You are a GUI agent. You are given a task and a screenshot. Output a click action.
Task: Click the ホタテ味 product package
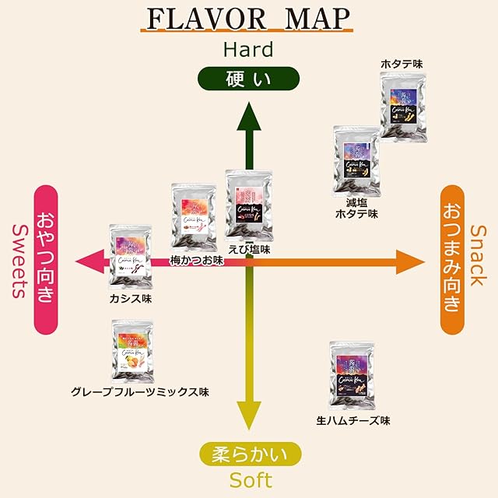403,107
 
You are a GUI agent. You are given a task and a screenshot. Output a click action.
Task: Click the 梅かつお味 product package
194,218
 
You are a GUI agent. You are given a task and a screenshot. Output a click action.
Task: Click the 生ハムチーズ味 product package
352,376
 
